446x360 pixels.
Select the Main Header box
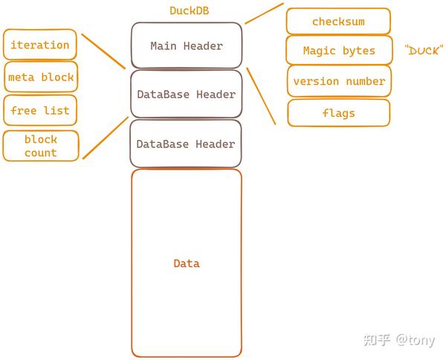pos(187,46)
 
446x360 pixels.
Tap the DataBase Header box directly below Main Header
pos(187,94)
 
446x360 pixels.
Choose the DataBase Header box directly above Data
pos(187,144)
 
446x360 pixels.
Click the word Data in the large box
pos(187,263)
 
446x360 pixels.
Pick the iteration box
pos(40,45)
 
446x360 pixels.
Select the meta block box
pos(41,77)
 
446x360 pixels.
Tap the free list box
pos(40,110)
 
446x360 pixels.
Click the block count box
pos(40,146)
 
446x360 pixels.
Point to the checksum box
pos(338,22)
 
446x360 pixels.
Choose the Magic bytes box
pos(338,51)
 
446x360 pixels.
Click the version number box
pos(339,81)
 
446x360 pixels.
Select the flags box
pos(338,113)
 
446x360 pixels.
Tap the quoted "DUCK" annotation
pos(424,51)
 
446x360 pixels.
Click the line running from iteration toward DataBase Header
pos(103,51)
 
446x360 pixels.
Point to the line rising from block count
pos(105,138)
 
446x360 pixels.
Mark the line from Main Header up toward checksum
pos(264,13)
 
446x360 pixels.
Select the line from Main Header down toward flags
pos(261,96)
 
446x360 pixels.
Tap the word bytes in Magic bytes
pos(358,51)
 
